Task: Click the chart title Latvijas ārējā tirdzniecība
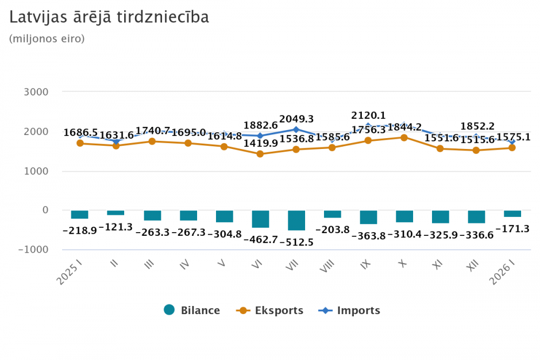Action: pos(109,17)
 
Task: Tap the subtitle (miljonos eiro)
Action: pos(47,39)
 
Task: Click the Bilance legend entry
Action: pos(192,310)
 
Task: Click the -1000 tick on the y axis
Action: pos(34,250)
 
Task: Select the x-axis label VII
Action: pos(292,267)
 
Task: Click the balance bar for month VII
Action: pos(296,221)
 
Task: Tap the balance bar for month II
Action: pos(116,213)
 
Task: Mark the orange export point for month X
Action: pos(404,138)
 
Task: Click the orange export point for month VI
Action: pos(260,154)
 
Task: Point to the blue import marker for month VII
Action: pos(296,130)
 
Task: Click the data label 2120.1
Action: pos(369,116)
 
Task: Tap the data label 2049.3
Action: pos(296,119)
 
